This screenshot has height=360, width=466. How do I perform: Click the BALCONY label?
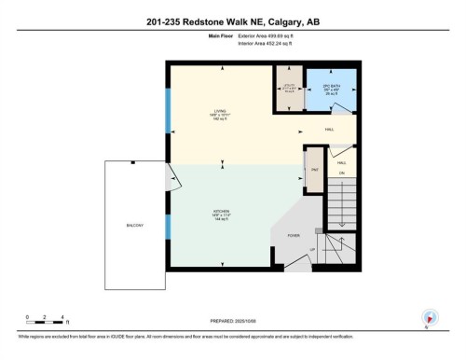[x=134, y=226]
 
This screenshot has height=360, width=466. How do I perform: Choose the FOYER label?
[x=292, y=235]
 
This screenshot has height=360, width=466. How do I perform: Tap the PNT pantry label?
[x=315, y=170]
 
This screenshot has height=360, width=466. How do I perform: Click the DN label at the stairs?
[x=342, y=173]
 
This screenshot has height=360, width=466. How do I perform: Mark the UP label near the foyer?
[x=311, y=249]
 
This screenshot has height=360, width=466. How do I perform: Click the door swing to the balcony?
[x=171, y=174]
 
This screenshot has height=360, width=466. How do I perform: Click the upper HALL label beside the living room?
[x=329, y=130]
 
